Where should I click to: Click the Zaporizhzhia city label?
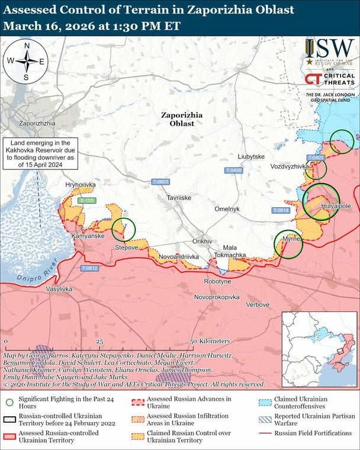(37, 123)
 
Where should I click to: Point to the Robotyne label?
(217, 282)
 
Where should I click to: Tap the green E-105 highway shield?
(87, 201)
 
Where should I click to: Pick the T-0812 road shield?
(89, 268)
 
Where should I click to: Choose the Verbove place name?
(258, 304)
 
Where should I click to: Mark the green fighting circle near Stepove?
(124, 229)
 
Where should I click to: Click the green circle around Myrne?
(288, 244)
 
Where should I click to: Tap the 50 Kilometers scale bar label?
(210, 342)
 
